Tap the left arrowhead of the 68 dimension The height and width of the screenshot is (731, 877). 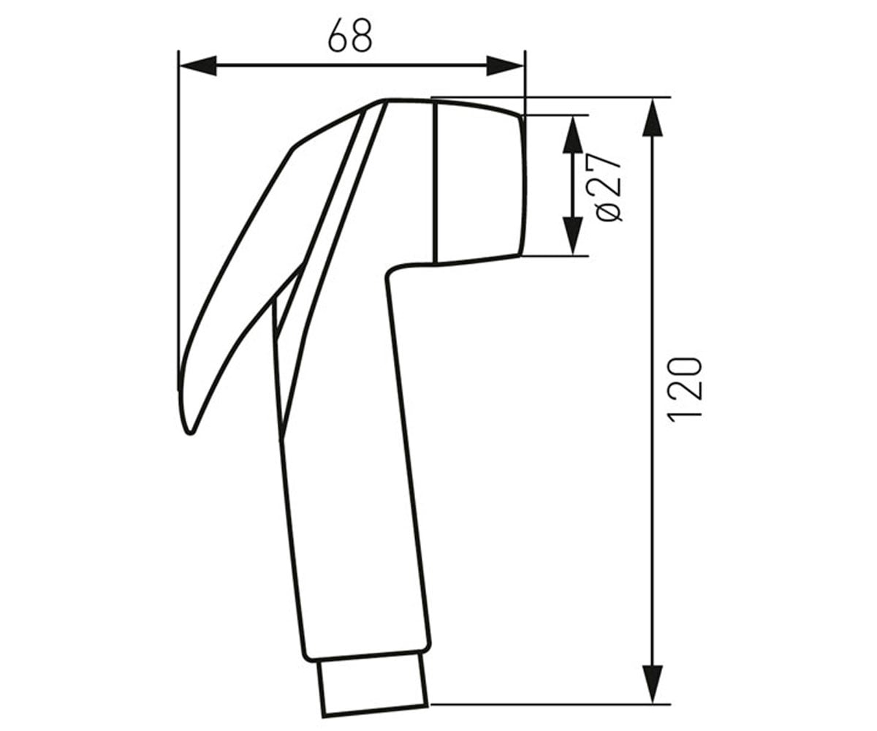coord(197,66)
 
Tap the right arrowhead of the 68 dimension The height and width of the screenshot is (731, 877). coord(505,66)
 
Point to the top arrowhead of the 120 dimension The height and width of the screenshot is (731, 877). coord(653,118)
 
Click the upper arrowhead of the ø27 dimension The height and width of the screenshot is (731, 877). coord(573,135)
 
